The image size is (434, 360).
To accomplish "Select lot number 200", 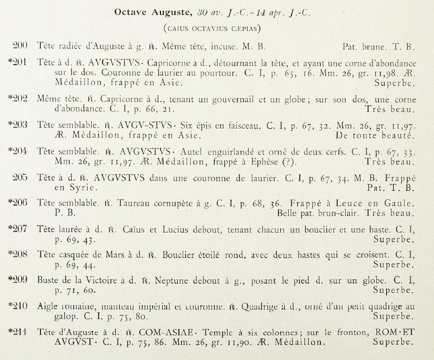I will [21, 46].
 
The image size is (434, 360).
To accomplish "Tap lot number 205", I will [21, 178].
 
